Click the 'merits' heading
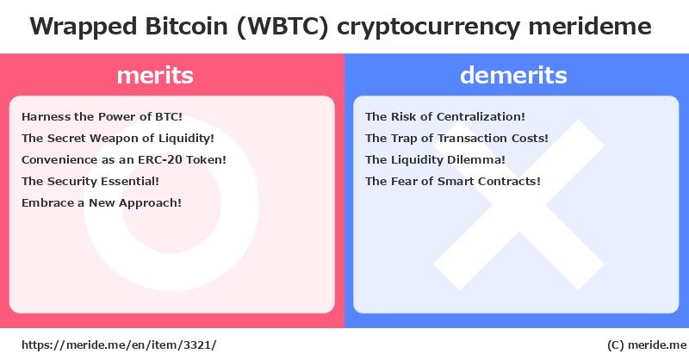(155, 75)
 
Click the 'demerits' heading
(513, 75)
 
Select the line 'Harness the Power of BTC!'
(102, 116)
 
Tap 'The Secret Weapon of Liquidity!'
(118, 138)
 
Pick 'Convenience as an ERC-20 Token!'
(124, 159)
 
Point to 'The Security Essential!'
(90, 181)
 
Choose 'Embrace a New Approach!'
(102, 202)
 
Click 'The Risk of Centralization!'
(445, 116)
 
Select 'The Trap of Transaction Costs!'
(456, 138)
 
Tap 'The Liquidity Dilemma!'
(435, 159)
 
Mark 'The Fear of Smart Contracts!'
(453, 181)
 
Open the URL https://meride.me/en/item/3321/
(119, 345)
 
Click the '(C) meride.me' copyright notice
(647, 345)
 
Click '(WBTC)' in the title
(282, 27)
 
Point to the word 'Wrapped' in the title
(83, 28)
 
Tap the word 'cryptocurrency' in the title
(428, 28)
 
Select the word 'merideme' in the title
(590, 27)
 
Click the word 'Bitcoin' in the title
(186, 27)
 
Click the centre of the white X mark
(519, 205)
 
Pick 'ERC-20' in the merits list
(160, 159)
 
